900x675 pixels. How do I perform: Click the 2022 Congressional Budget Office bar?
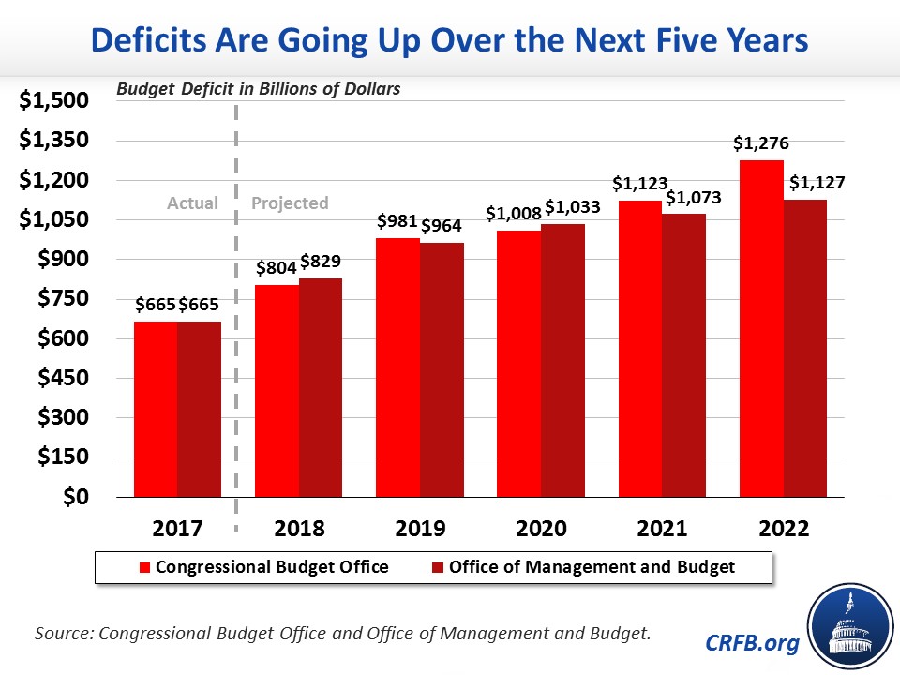(x=761, y=328)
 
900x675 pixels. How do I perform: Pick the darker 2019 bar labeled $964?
(x=442, y=369)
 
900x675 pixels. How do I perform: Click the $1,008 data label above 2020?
(x=513, y=214)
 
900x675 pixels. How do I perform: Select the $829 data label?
(x=322, y=262)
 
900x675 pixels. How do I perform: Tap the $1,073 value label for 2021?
(x=688, y=198)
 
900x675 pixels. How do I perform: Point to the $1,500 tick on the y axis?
(x=54, y=101)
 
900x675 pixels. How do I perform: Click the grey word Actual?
(x=192, y=202)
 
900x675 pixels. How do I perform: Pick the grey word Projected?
(x=290, y=202)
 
